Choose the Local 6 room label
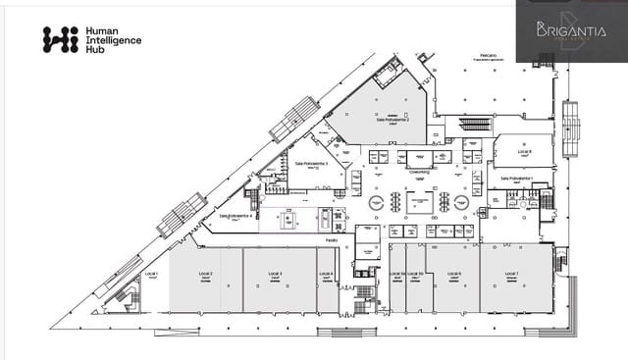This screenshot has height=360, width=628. coord(457,274)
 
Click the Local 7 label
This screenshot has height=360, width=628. coord(510,274)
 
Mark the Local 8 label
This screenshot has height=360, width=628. coord(524,152)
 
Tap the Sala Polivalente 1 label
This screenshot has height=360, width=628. coord(515,180)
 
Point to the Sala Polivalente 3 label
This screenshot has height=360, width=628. coord(310,165)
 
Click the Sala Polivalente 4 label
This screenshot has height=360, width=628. coord(236,216)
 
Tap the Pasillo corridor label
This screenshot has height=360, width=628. coord(332,239)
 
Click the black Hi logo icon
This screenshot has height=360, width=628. coord(60,39)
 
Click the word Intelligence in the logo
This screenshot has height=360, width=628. coord(114,40)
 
